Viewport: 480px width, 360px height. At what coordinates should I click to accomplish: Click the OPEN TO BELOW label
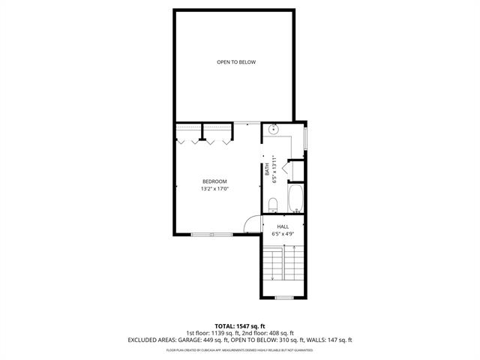(x=236, y=62)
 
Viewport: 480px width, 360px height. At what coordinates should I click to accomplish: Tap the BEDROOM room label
(x=214, y=181)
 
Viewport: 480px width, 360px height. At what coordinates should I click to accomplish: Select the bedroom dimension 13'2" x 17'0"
(x=214, y=189)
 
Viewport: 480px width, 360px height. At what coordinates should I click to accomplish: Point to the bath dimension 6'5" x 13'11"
(x=275, y=169)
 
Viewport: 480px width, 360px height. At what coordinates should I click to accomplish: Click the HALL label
(x=283, y=226)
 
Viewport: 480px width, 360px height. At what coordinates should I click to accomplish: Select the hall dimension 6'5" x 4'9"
(x=283, y=234)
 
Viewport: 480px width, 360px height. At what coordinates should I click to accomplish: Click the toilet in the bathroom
(x=273, y=203)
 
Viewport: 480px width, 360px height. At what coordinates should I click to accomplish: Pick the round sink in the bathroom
(x=273, y=130)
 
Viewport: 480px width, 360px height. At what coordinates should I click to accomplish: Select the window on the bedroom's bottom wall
(x=211, y=235)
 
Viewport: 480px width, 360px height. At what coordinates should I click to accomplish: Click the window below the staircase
(x=283, y=298)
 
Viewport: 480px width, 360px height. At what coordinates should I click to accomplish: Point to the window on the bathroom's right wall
(x=305, y=139)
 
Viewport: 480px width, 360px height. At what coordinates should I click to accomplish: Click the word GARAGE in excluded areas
(x=187, y=340)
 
